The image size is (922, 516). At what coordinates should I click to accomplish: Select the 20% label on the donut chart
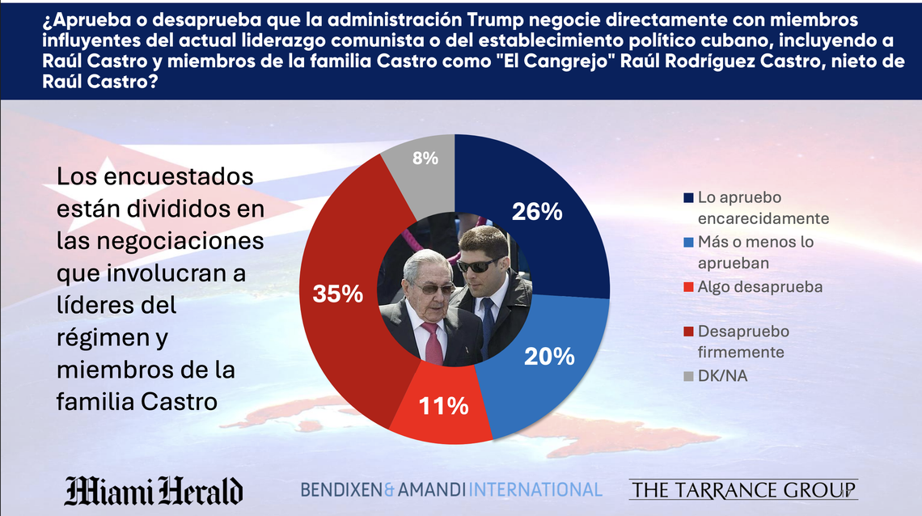coord(548,356)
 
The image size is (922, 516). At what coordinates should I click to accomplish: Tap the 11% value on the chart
coord(444,406)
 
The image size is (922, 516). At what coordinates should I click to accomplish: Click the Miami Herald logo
coord(154,491)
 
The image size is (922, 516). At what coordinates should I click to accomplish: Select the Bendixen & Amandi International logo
coord(451,489)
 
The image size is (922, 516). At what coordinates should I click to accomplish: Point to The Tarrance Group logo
coord(742,489)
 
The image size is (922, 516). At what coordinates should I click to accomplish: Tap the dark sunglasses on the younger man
coord(476,265)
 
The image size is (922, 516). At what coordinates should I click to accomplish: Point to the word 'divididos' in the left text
coord(176,209)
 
